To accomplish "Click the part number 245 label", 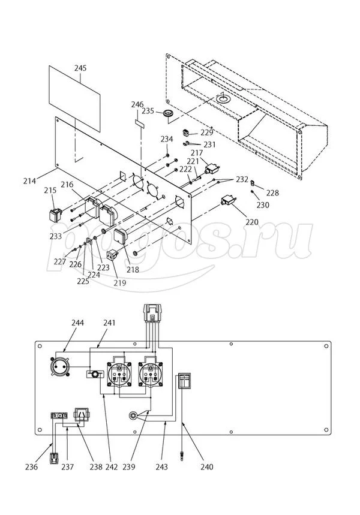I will (80, 68).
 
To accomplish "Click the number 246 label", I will (138, 105).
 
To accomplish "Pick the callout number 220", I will (251, 222).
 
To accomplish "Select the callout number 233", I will (56, 236).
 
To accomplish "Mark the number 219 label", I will (119, 282).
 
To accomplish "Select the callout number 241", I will (109, 323).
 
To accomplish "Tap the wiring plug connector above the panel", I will (153, 313).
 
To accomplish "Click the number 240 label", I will (206, 466).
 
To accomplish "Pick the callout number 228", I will (272, 193).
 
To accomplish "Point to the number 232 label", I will (241, 179).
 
